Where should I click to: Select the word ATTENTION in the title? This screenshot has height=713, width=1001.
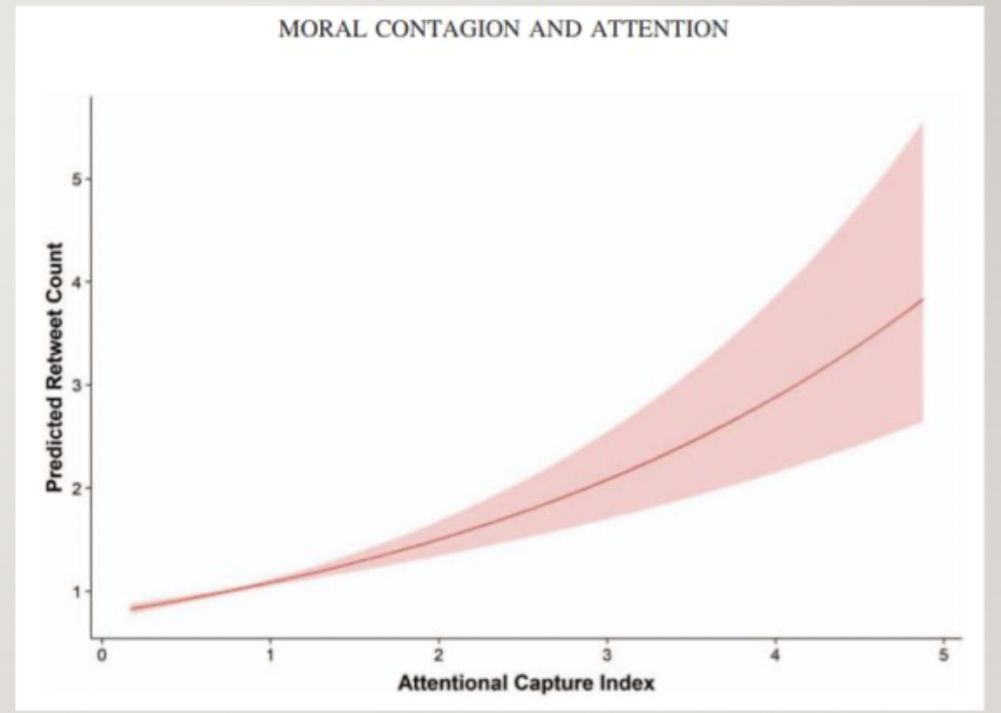tap(659, 29)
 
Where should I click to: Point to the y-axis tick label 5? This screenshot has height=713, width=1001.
tap(78, 180)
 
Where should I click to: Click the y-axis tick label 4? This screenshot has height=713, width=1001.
tap(78, 282)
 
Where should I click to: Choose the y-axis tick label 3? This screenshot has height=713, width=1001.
tap(78, 385)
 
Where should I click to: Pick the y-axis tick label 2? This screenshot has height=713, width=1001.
tap(78, 488)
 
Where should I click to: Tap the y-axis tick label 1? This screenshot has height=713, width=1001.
tap(78, 591)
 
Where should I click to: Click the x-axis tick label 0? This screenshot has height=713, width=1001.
tap(101, 655)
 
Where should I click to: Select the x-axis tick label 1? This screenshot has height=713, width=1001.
tap(270, 655)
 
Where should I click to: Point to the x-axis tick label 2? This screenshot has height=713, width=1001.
tap(439, 655)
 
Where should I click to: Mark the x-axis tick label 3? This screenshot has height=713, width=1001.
tap(607, 655)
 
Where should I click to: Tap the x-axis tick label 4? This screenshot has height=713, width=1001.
tap(776, 655)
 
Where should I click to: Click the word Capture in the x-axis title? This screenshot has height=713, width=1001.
tap(554, 683)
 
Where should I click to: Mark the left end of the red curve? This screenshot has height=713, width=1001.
tap(132, 609)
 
